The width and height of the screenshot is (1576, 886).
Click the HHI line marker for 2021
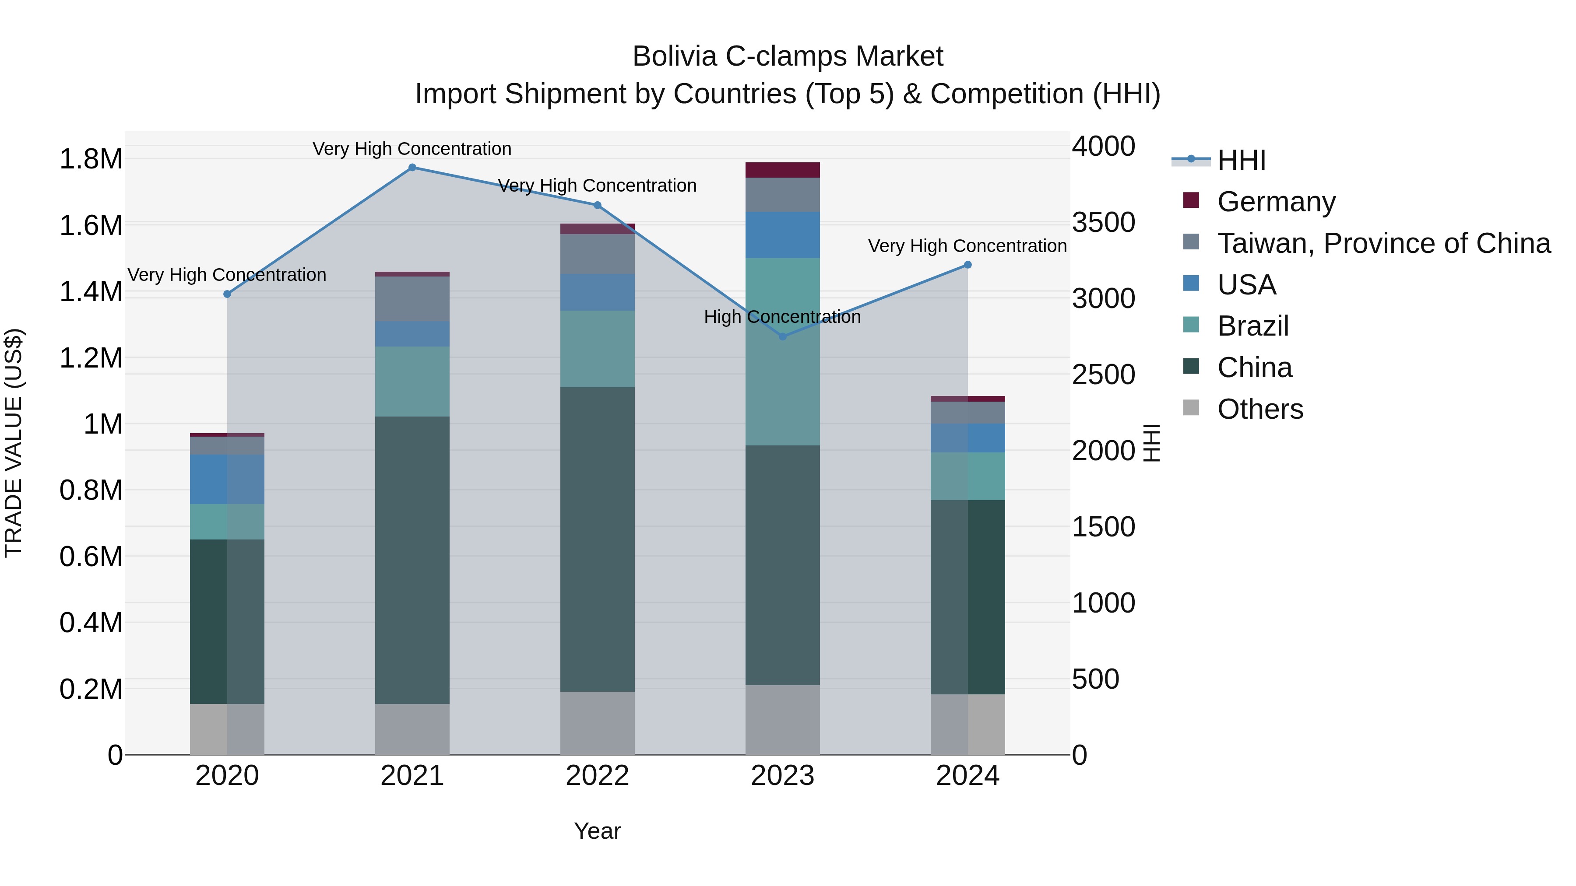coord(412,168)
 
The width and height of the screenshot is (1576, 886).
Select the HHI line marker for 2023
coord(782,337)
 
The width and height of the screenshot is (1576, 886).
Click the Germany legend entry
coord(1276,202)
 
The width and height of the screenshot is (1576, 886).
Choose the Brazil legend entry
coord(1253,326)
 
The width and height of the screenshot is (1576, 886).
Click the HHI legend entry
coord(1242,160)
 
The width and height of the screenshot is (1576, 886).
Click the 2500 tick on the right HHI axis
coord(1103,375)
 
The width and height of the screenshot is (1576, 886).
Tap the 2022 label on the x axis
coord(597,776)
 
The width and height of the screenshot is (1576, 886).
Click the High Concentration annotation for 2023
coord(782,317)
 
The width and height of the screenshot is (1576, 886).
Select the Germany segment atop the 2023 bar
coord(782,170)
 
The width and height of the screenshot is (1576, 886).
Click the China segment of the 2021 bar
coord(412,560)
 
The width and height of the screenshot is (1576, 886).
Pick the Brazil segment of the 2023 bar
coord(782,352)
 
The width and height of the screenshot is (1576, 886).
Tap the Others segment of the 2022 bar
coord(597,723)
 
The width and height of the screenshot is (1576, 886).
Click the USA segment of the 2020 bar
coord(227,480)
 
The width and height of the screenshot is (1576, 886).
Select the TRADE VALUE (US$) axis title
coord(14,443)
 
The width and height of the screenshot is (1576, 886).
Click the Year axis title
coord(597,831)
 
